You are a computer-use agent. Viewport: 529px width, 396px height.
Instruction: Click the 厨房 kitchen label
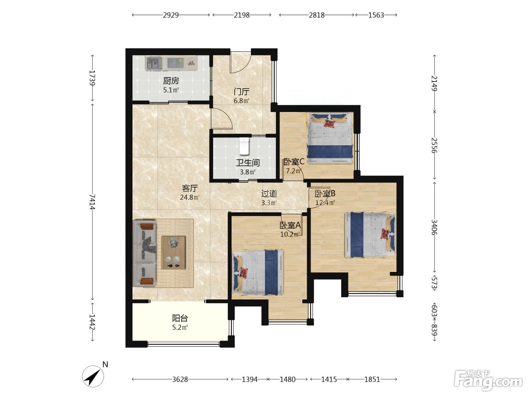[x=171, y=81]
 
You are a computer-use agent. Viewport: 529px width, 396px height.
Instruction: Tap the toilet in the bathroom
[x=244, y=146]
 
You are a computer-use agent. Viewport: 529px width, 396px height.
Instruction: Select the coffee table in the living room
[x=173, y=252]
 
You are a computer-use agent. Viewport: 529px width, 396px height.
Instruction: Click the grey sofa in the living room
[x=144, y=253]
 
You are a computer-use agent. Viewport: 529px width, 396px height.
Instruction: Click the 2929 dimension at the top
[x=171, y=15]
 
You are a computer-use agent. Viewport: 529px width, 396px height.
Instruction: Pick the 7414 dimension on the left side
[x=92, y=202]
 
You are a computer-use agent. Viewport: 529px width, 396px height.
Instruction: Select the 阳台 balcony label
[x=180, y=318]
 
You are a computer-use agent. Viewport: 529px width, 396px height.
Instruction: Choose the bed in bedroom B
[x=370, y=235]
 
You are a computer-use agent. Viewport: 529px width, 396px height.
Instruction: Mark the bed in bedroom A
[x=258, y=272]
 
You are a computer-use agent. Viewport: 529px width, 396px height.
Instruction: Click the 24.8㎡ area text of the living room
[x=190, y=197]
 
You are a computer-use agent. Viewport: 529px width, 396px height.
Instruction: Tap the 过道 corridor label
[x=269, y=193]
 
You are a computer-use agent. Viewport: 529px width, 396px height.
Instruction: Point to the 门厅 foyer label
[x=241, y=92]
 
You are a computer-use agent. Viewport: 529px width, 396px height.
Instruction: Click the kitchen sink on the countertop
[x=154, y=63]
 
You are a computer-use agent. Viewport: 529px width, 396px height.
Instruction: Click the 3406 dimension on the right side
[x=434, y=227]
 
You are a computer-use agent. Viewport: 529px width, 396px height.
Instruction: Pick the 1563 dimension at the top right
[x=376, y=15]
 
